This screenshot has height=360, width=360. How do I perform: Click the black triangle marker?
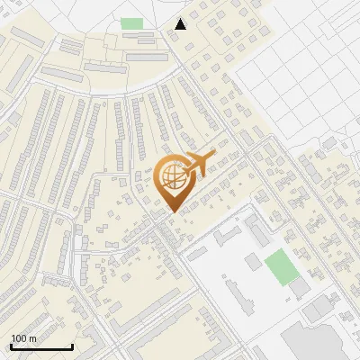[181, 24]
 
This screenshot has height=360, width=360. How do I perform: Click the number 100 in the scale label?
[18, 338]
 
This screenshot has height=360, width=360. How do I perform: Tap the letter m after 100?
[31, 338]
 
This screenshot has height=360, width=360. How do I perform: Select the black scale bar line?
[41, 346]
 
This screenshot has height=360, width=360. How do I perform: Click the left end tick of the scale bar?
[11, 345]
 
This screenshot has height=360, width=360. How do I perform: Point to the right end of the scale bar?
[72, 346]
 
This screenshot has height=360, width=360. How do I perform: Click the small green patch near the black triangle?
[132, 23]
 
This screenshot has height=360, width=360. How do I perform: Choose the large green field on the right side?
[280, 265]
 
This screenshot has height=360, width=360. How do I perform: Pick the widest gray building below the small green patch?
[148, 57]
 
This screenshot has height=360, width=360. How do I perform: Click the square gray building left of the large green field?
[253, 261]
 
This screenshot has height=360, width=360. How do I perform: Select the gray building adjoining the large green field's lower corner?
[298, 288]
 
